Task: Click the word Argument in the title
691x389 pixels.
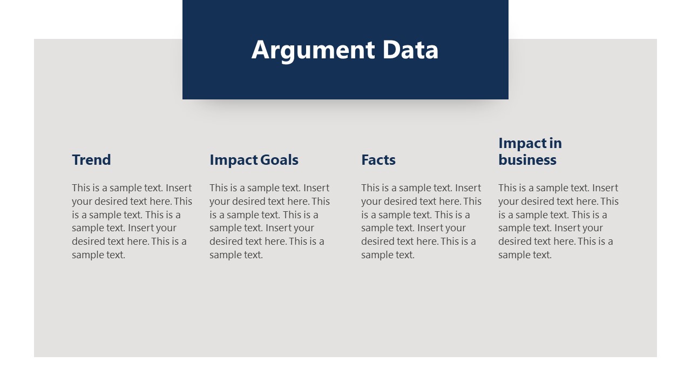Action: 313,50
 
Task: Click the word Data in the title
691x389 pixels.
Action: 410,50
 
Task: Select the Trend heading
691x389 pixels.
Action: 91,160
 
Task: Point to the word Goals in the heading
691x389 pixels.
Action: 279,160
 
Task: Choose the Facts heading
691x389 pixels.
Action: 378,160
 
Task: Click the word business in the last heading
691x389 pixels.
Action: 527,160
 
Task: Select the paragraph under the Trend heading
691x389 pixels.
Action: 132,221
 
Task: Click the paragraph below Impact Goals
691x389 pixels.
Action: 269,221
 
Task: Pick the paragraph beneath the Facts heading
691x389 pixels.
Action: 421,221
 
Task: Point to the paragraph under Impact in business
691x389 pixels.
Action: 558,221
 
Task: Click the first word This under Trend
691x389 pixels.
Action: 81,188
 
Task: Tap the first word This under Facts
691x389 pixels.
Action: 370,188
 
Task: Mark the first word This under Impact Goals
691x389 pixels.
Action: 219,188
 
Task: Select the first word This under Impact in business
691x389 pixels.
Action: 507,188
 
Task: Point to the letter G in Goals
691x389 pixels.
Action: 265,160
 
